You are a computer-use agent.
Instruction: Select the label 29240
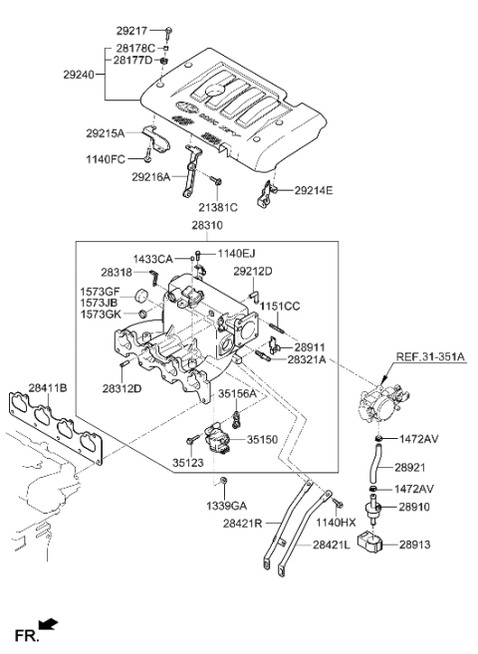pyautogui.click(x=85, y=73)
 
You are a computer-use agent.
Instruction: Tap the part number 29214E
pyautogui.click(x=314, y=189)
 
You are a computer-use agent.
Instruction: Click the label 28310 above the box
pyautogui.click(x=208, y=228)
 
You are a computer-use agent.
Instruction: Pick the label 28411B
pyautogui.click(x=49, y=388)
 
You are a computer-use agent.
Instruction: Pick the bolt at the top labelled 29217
pyautogui.click(x=169, y=31)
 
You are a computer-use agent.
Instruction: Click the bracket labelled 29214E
pyautogui.click(x=266, y=191)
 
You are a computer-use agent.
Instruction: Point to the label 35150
pyautogui.click(x=263, y=438)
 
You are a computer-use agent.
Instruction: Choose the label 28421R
pyautogui.click(x=243, y=523)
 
